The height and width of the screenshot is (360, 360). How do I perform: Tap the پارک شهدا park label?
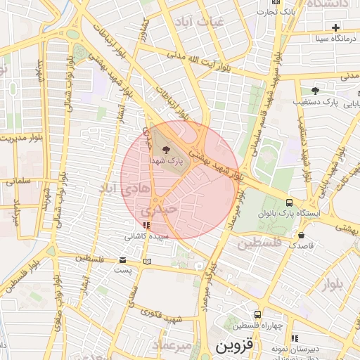(166, 160)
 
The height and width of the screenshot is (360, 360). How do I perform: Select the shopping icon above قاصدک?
(302, 236)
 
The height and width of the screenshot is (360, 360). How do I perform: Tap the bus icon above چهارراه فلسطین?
(258, 314)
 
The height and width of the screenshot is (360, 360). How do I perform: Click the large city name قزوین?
(232, 347)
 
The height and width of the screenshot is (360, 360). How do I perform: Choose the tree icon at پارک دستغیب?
(315, 91)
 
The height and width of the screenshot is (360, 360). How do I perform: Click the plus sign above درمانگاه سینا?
(337, 27)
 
